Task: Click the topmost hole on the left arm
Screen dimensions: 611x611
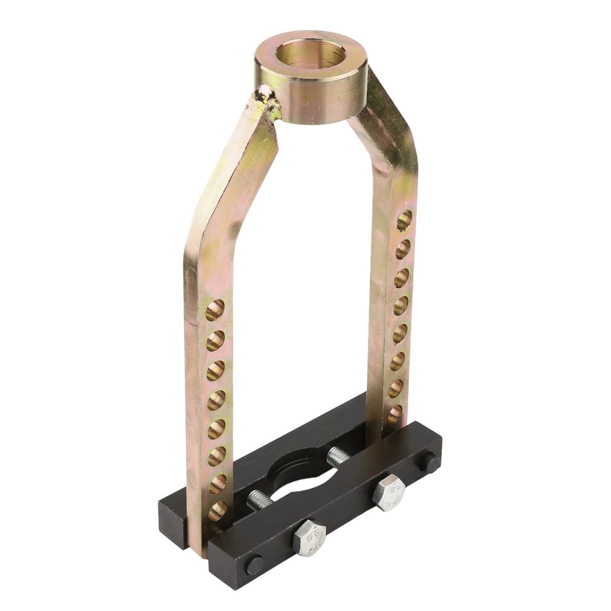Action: (215, 310)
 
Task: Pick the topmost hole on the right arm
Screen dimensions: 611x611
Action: (404, 220)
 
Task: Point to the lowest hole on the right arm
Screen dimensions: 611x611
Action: (395, 414)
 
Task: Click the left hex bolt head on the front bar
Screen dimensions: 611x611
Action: (309, 536)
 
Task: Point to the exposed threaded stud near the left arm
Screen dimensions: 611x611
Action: (260, 499)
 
